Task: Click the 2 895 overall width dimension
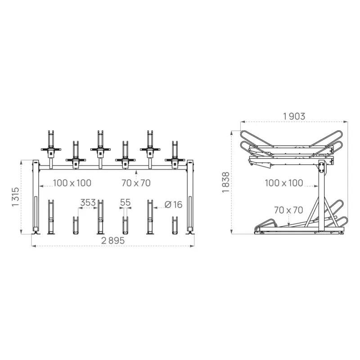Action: click(112, 241)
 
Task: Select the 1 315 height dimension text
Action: click(15, 197)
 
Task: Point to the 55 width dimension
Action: click(125, 203)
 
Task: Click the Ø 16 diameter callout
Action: click(173, 205)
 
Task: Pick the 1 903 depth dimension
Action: click(294, 116)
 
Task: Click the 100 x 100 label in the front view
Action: click(72, 183)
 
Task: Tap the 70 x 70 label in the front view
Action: click(136, 183)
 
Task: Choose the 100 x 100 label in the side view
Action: click(283, 183)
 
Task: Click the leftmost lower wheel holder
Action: click(50, 216)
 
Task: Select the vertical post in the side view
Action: click(321, 198)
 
